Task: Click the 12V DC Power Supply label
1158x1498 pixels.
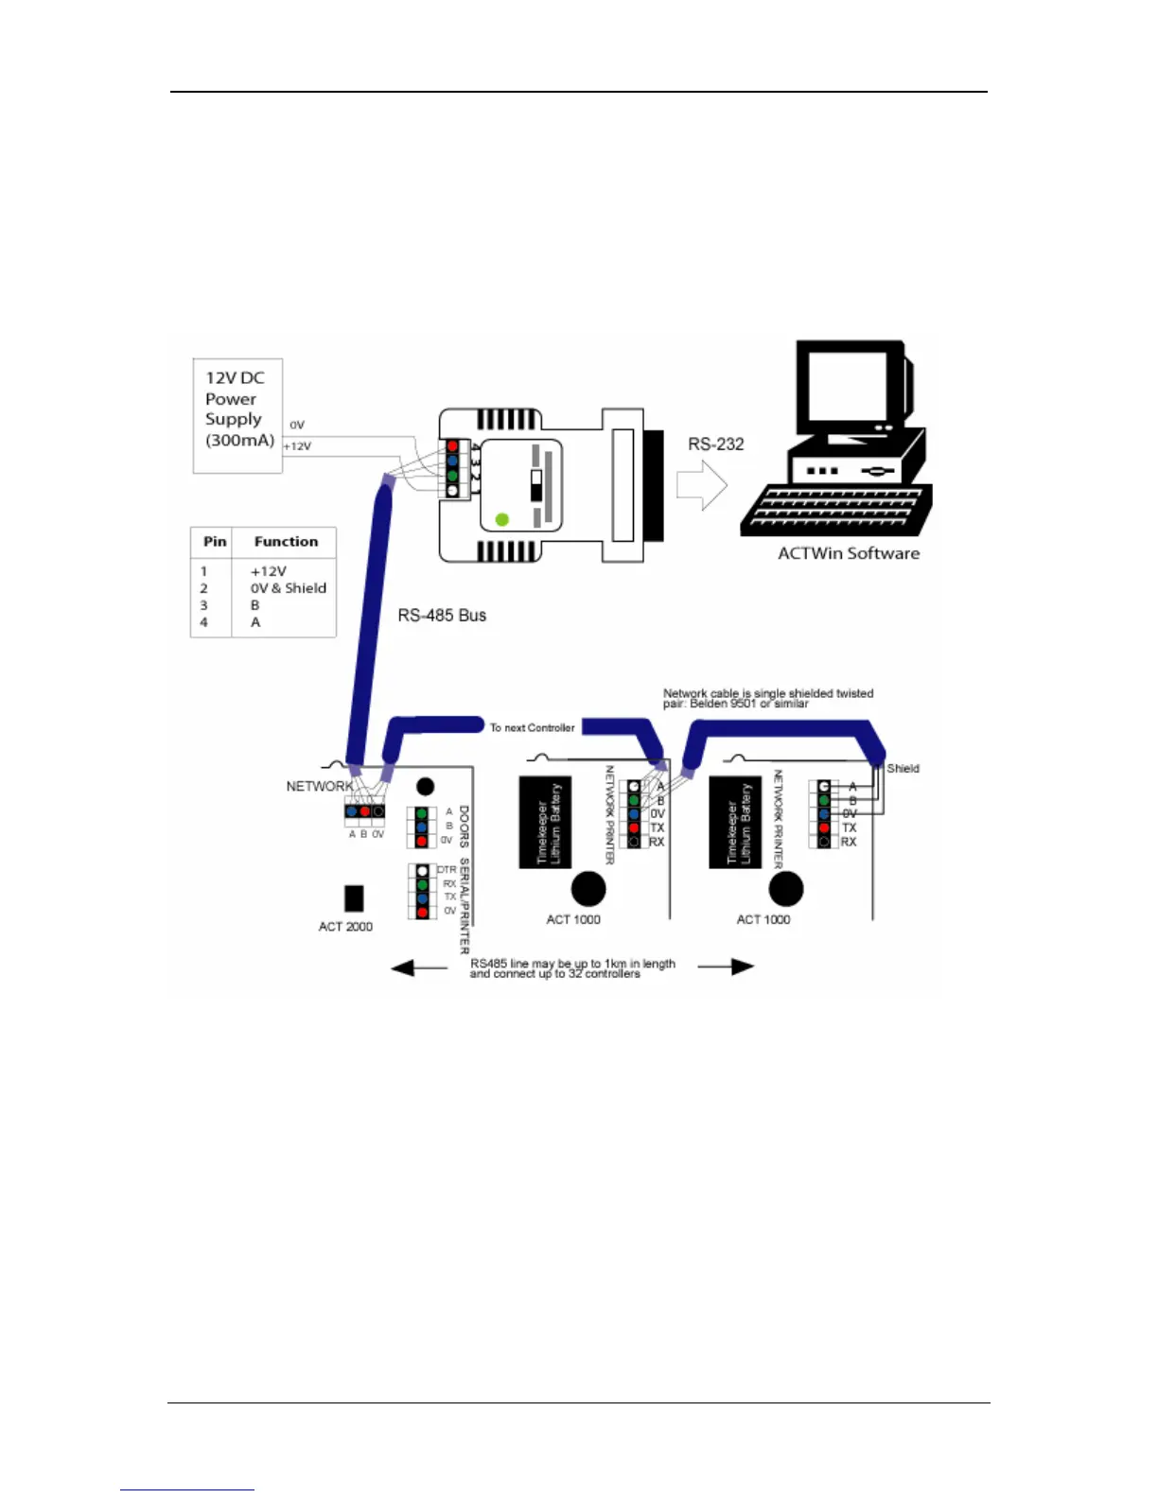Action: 238,409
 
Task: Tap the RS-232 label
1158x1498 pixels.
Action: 715,444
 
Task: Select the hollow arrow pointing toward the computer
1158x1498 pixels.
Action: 702,485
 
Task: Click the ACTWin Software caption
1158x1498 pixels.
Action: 848,553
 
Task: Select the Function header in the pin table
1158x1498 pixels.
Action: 286,541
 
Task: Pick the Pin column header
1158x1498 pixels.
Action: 215,541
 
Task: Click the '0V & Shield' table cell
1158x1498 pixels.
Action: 288,587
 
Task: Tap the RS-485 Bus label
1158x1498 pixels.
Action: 442,615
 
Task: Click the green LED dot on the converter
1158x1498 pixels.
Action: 502,519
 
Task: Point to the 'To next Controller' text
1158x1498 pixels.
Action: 532,727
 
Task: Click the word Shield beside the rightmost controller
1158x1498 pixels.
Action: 903,768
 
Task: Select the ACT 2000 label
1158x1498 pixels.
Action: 345,926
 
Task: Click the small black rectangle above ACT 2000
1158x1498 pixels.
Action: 355,897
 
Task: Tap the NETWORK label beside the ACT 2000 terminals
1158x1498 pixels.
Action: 319,786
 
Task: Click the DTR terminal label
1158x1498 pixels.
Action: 447,869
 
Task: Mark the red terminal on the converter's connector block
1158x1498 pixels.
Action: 452,445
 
